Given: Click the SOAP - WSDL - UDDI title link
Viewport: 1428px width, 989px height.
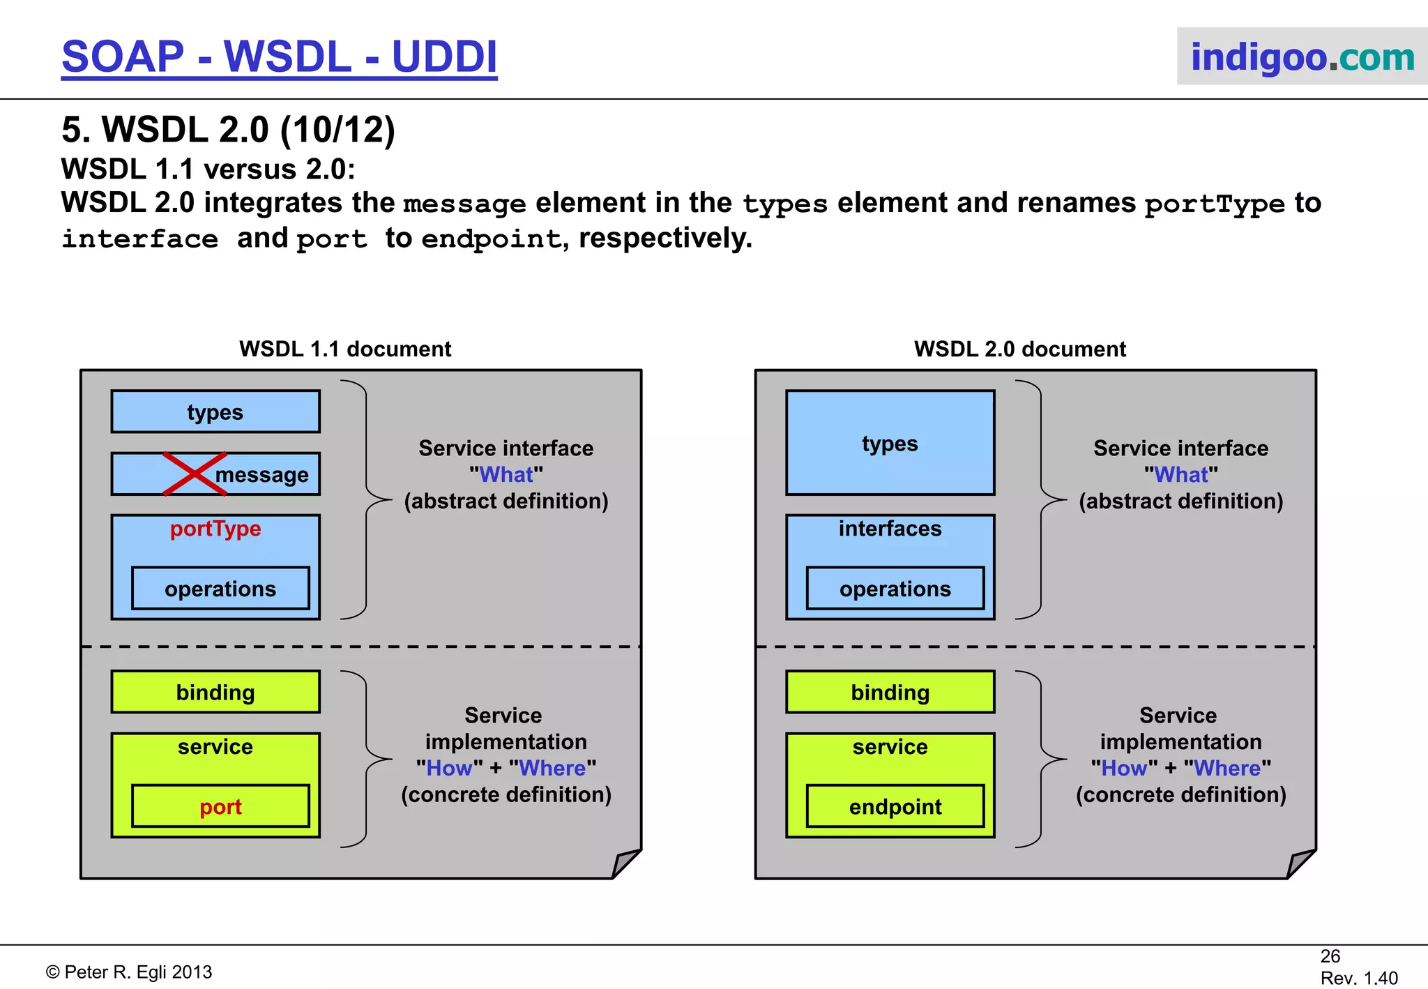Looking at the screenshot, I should click(x=279, y=57).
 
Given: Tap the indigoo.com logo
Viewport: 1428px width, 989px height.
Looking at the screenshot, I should click(x=1302, y=57).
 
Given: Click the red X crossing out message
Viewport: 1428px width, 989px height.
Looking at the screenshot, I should click(x=195, y=474).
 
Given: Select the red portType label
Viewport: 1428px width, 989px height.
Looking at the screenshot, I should click(x=215, y=529).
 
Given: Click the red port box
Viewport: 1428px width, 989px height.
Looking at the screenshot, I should click(x=220, y=806).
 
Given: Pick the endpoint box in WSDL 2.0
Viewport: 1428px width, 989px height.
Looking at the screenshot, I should click(x=895, y=806).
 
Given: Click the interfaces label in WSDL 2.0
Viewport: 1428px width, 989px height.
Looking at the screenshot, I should click(x=890, y=529).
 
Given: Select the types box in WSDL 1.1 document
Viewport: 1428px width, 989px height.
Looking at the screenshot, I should click(x=215, y=412).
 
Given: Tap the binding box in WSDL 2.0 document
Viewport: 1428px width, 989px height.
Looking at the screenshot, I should click(x=890, y=692).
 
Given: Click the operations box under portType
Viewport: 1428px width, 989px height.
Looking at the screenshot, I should click(x=220, y=589).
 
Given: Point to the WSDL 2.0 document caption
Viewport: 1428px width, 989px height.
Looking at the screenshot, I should click(x=1019, y=349).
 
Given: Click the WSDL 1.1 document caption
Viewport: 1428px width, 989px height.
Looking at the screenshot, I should click(x=345, y=349).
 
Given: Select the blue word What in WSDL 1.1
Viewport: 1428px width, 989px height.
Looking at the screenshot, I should click(x=506, y=475).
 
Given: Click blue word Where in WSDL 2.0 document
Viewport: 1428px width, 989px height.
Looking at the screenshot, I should click(x=1227, y=768).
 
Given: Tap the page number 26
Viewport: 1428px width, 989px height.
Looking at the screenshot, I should click(x=1330, y=956).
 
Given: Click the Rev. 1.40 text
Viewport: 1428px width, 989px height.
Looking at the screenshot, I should click(x=1358, y=978).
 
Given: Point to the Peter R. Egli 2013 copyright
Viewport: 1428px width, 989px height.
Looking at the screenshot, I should click(x=129, y=972).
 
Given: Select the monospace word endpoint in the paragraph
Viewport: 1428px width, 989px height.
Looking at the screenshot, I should click(x=491, y=239).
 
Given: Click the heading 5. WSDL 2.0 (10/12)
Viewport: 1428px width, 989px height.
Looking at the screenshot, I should click(x=228, y=130).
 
